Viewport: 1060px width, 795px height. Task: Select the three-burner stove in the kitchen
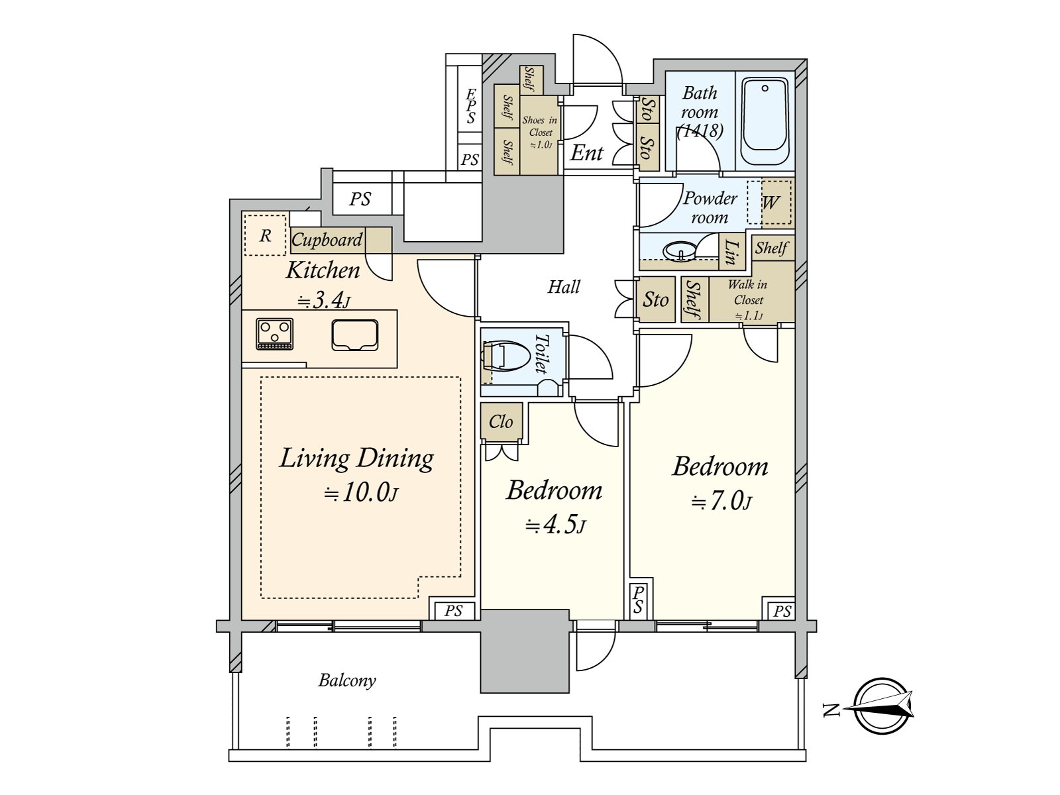275,333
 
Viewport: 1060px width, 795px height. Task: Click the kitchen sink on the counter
355,335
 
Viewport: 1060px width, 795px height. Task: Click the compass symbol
881,706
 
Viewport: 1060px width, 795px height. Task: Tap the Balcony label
347,680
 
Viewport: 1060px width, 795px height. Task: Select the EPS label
471,107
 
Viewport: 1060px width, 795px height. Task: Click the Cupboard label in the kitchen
327,240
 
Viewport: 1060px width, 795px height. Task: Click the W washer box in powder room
770,203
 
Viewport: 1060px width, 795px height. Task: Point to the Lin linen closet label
731,252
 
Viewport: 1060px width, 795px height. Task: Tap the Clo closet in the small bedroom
502,422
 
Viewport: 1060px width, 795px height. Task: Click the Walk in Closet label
748,299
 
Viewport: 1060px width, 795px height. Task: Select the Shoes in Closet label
540,132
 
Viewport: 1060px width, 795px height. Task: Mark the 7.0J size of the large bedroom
721,502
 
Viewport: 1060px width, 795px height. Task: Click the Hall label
564,287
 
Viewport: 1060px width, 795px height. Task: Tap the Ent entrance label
587,153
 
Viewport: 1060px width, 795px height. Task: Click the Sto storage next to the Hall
656,300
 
